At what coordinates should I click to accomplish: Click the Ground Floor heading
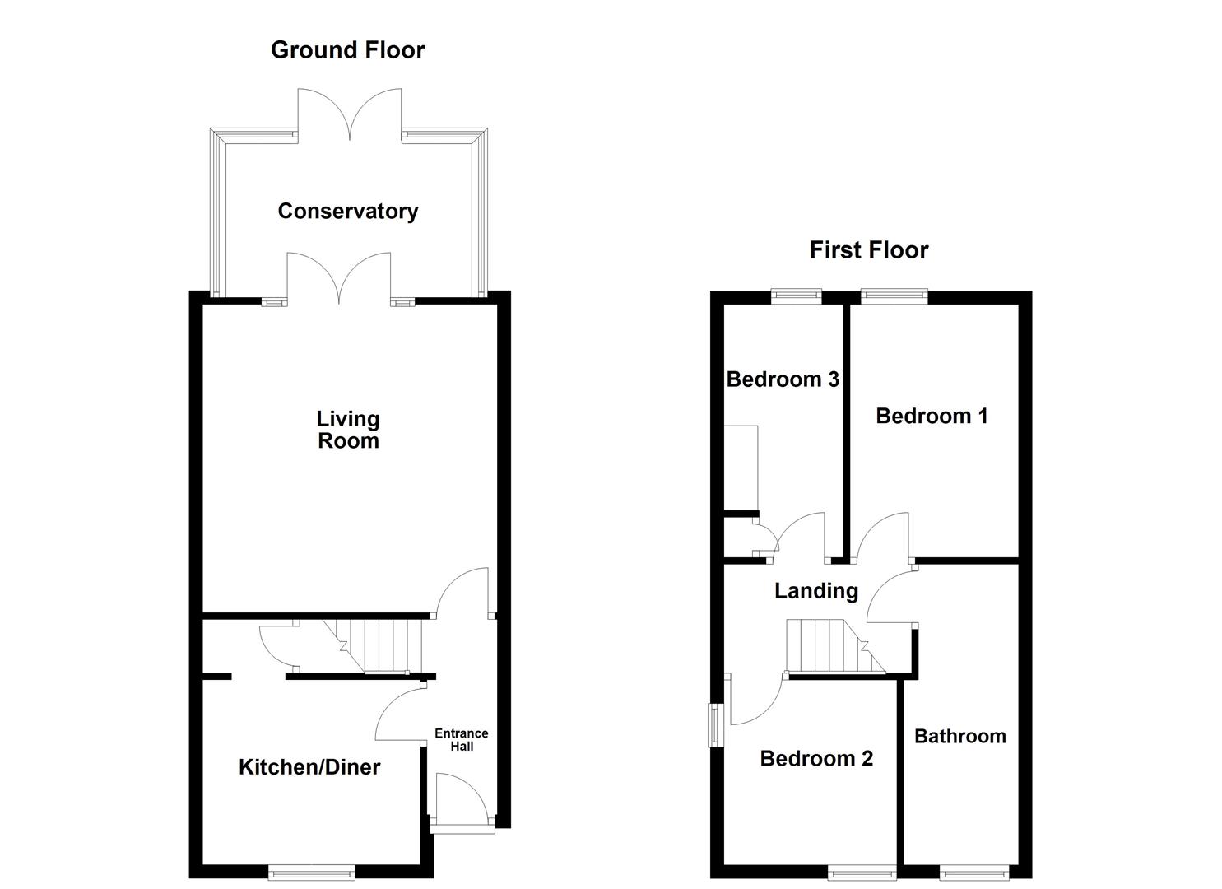[347, 50]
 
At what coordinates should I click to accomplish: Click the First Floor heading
[868, 250]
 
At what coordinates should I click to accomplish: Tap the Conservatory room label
[347, 212]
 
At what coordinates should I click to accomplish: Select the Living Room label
[348, 430]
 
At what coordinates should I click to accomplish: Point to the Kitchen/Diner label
[309, 767]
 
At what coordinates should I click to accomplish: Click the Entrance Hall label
[461, 739]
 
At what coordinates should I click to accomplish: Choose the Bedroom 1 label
[932, 417]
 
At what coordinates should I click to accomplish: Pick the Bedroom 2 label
[815, 759]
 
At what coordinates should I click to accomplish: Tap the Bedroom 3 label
[783, 379]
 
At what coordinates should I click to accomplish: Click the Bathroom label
[959, 737]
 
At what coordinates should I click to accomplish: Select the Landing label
[815, 591]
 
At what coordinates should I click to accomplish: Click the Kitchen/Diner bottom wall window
[312, 870]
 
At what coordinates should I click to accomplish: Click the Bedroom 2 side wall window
[714, 724]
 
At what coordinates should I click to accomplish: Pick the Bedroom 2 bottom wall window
[862, 870]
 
